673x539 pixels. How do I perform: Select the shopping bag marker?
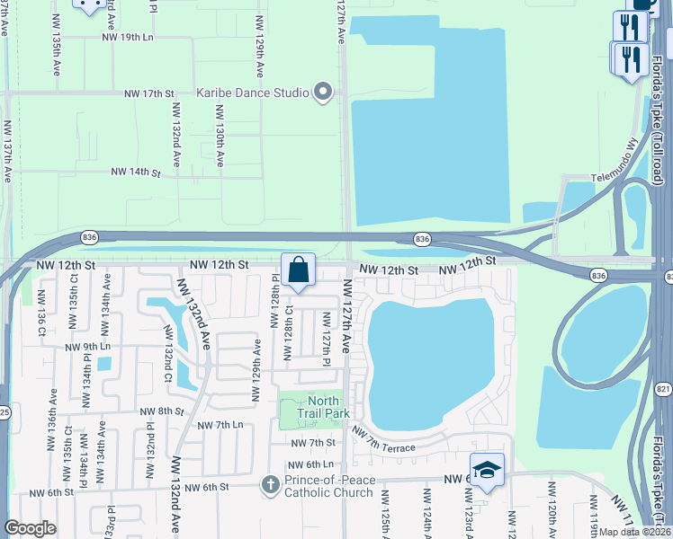pos(298,270)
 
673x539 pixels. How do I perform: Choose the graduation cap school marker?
pos(487,470)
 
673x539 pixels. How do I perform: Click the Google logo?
pos(30,527)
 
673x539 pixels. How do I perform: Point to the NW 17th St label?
pos(148,93)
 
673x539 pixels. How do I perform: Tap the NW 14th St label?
pos(135,172)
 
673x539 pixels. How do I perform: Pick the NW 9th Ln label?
pos(87,346)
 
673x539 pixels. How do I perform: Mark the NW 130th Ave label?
pos(219,134)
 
